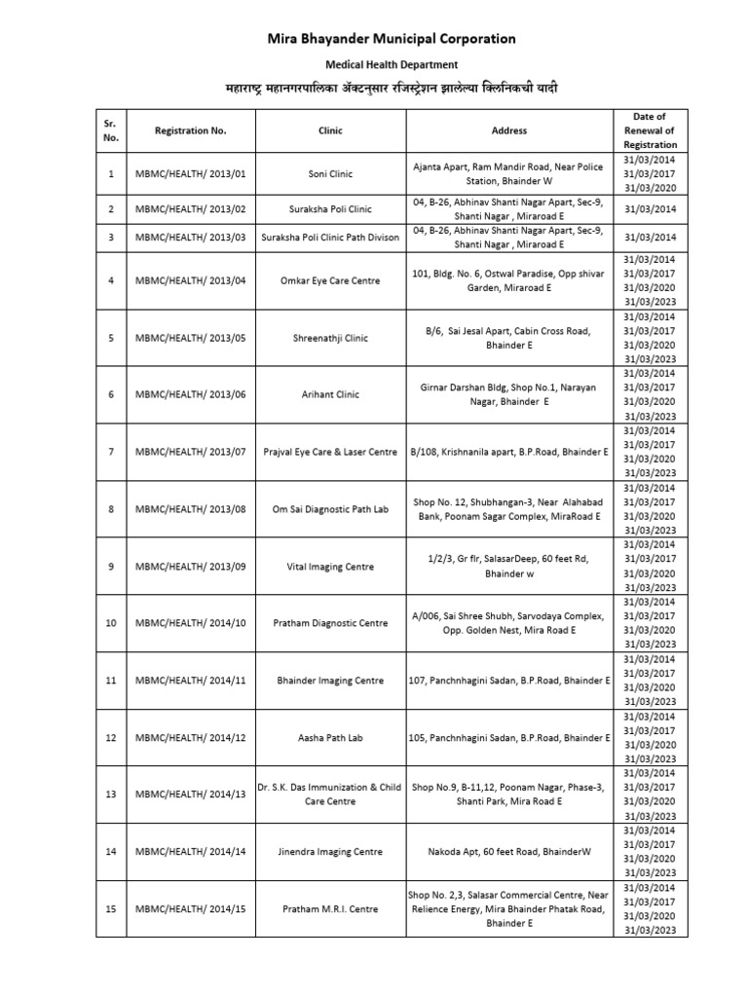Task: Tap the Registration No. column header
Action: [190, 130]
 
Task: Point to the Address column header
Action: [509, 130]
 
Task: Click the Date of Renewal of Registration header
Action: [649, 130]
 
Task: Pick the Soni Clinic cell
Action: [330, 174]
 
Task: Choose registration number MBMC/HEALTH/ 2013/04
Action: [190, 280]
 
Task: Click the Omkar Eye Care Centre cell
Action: [330, 280]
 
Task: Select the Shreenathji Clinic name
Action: [330, 338]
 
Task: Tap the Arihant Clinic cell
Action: [330, 394]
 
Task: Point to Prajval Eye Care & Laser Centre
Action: [330, 452]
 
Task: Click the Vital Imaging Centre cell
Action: [330, 566]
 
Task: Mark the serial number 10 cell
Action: [111, 623]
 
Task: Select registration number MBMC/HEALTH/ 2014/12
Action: [190, 737]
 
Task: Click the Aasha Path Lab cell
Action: [330, 737]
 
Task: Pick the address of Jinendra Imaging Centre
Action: [509, 851]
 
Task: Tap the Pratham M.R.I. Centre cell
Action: [330, 908]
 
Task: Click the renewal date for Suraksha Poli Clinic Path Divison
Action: [649, 238]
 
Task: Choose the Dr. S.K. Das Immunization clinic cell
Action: [330, 794]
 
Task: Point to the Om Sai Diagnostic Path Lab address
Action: [509, 508]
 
